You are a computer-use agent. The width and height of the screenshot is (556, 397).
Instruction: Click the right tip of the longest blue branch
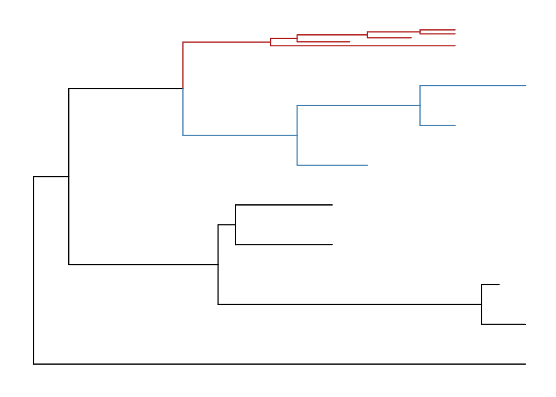(x=525, y=86)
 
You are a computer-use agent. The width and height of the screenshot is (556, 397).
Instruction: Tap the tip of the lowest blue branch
(x=367, y=165)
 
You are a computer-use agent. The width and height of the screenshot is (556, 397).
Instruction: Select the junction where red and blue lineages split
(x=183, y=88)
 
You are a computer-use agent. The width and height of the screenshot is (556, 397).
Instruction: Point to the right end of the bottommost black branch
(x=525, y=364)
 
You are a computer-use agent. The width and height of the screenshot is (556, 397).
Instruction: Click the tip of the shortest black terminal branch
(x=499, y=285)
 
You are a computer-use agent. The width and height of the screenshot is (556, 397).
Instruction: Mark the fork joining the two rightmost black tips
(x=482, y=304)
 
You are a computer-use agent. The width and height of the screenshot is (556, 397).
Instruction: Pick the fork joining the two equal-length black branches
(x=236, y=225)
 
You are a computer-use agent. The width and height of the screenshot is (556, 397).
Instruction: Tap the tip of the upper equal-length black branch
(x=332, y=205)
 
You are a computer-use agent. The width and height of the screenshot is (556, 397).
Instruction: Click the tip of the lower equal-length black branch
(x=332, y=244)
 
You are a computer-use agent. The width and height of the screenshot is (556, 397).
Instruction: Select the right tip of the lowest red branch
(x=455, y=45)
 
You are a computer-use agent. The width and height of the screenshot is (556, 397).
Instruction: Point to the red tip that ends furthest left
(x=350, y=42)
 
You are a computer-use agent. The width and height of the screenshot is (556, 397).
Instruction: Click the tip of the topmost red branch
(x=455, y=30)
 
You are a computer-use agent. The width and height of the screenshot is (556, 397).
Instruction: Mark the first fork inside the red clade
(x=271, y=42)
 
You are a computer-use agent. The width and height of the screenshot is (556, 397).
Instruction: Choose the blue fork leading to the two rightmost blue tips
(x=420, y=105)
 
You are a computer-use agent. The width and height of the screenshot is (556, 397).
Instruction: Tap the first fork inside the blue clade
(x=297, y=135)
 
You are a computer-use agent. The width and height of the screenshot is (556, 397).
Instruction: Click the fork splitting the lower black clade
(x=218, y=264)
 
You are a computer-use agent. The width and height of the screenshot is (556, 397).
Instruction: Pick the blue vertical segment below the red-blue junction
(x=183, y=112)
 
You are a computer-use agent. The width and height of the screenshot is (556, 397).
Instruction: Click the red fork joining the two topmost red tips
(x=420, y=32)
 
